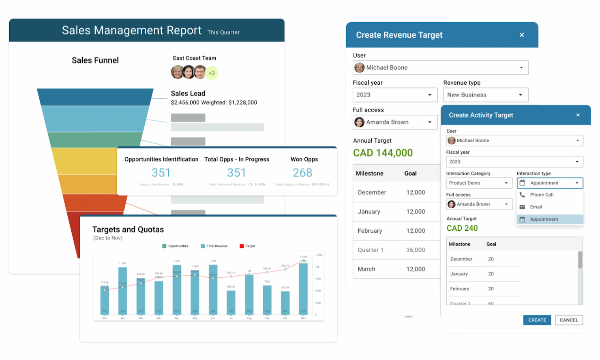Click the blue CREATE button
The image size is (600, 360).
pos(537,320)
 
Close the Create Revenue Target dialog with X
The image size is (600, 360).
pos(522,35)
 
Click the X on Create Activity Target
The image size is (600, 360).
pos(578,115)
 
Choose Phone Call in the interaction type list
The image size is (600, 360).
pos(542,195)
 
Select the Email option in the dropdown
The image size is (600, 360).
pos(536,207)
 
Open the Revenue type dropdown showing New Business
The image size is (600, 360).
pos(486,95)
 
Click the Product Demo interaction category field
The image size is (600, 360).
pos(479,183)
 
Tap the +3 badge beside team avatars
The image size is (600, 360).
pos(212,73)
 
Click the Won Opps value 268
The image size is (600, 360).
pos(302,173)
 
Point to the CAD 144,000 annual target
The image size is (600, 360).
pos(383,153)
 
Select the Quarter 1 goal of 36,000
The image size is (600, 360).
pos(416,250)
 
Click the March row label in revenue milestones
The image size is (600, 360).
pos(366,269)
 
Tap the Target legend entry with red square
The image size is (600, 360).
pos(247,246)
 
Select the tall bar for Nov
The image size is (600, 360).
pos(303,288)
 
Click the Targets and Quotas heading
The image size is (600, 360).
pos(128,229)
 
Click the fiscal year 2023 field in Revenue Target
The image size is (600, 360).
pos(394,95)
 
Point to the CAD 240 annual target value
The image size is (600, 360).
pos(462,228)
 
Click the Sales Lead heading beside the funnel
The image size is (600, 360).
pos(188,93)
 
